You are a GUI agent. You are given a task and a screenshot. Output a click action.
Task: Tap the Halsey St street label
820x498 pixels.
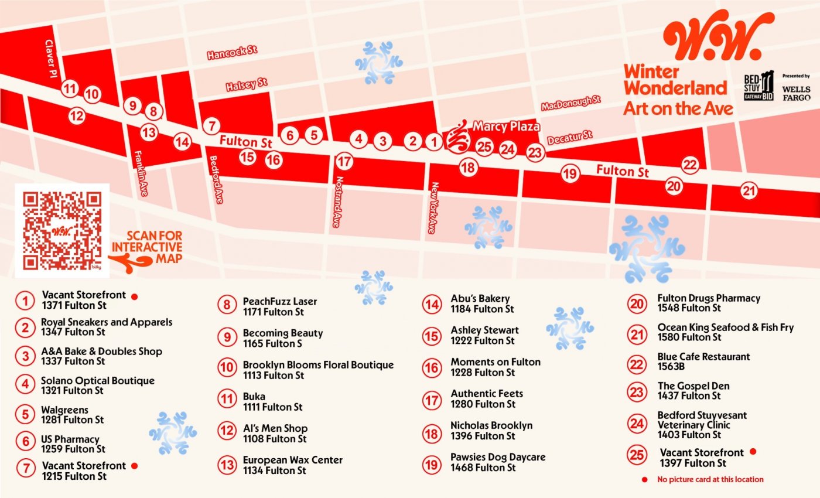247,85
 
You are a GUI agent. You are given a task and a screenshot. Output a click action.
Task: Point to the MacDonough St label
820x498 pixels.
570,103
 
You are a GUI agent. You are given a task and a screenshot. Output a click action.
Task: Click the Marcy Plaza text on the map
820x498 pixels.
505,126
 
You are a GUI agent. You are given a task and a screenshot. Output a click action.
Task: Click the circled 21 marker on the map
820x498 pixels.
749,190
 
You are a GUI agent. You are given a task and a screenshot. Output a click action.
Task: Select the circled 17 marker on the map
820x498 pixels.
345,162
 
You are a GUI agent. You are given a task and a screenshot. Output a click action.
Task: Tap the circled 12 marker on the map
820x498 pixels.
76,116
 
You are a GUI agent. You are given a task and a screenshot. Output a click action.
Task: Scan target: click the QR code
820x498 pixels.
62,230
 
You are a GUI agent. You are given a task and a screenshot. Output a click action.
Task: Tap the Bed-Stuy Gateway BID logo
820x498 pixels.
758,87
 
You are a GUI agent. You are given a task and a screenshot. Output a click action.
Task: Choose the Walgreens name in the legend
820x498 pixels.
64,410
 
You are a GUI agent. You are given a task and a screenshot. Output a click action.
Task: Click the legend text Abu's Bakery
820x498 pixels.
480,299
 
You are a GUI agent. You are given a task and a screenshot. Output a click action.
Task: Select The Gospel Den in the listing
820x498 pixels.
693,386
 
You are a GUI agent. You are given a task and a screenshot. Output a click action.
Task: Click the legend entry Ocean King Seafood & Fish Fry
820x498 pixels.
725,328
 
